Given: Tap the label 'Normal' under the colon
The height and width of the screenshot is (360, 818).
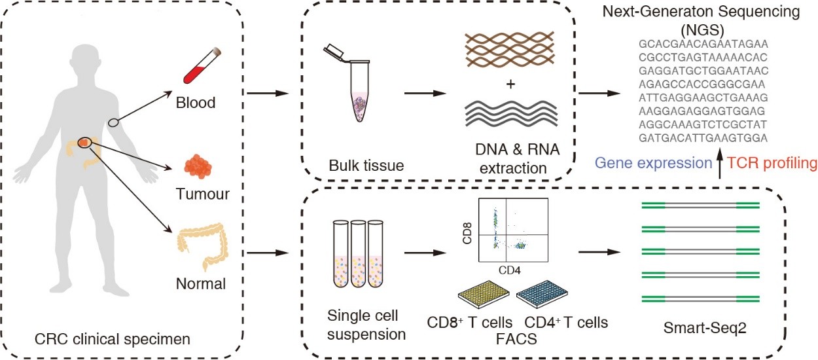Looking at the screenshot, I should click(200, 284).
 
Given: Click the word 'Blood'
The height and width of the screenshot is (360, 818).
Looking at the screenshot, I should click(196, 103).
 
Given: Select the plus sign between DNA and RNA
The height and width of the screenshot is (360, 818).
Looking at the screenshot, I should click(511, 86).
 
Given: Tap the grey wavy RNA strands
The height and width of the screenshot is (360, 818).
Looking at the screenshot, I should click(511, 114).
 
